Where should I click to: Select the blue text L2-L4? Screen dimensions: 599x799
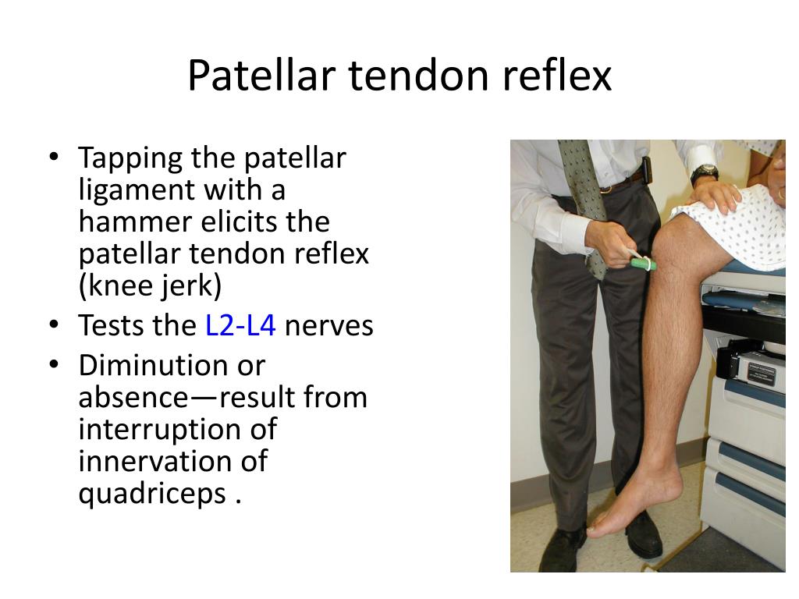pyautogui.click(x=240, y=325)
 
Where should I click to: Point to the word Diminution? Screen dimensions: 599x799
pyautogui.click(x=172, y=365)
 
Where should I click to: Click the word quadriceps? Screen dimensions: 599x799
pyautogui.click(x=151, y=494)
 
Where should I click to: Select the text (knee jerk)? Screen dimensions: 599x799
pyautogui.click(x=151, y=286)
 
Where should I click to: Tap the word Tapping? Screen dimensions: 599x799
pyautogui.click(x=130, y=158)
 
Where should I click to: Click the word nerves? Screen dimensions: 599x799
pyautogui.click(x=328, y=325)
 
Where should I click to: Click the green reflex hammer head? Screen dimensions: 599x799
pyautogui.click(x=645, y=264)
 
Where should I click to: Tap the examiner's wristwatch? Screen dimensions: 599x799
pyautogui.click(x=704, y=173)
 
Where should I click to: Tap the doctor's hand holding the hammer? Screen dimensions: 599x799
pyautogui.click(x=609, y=243)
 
